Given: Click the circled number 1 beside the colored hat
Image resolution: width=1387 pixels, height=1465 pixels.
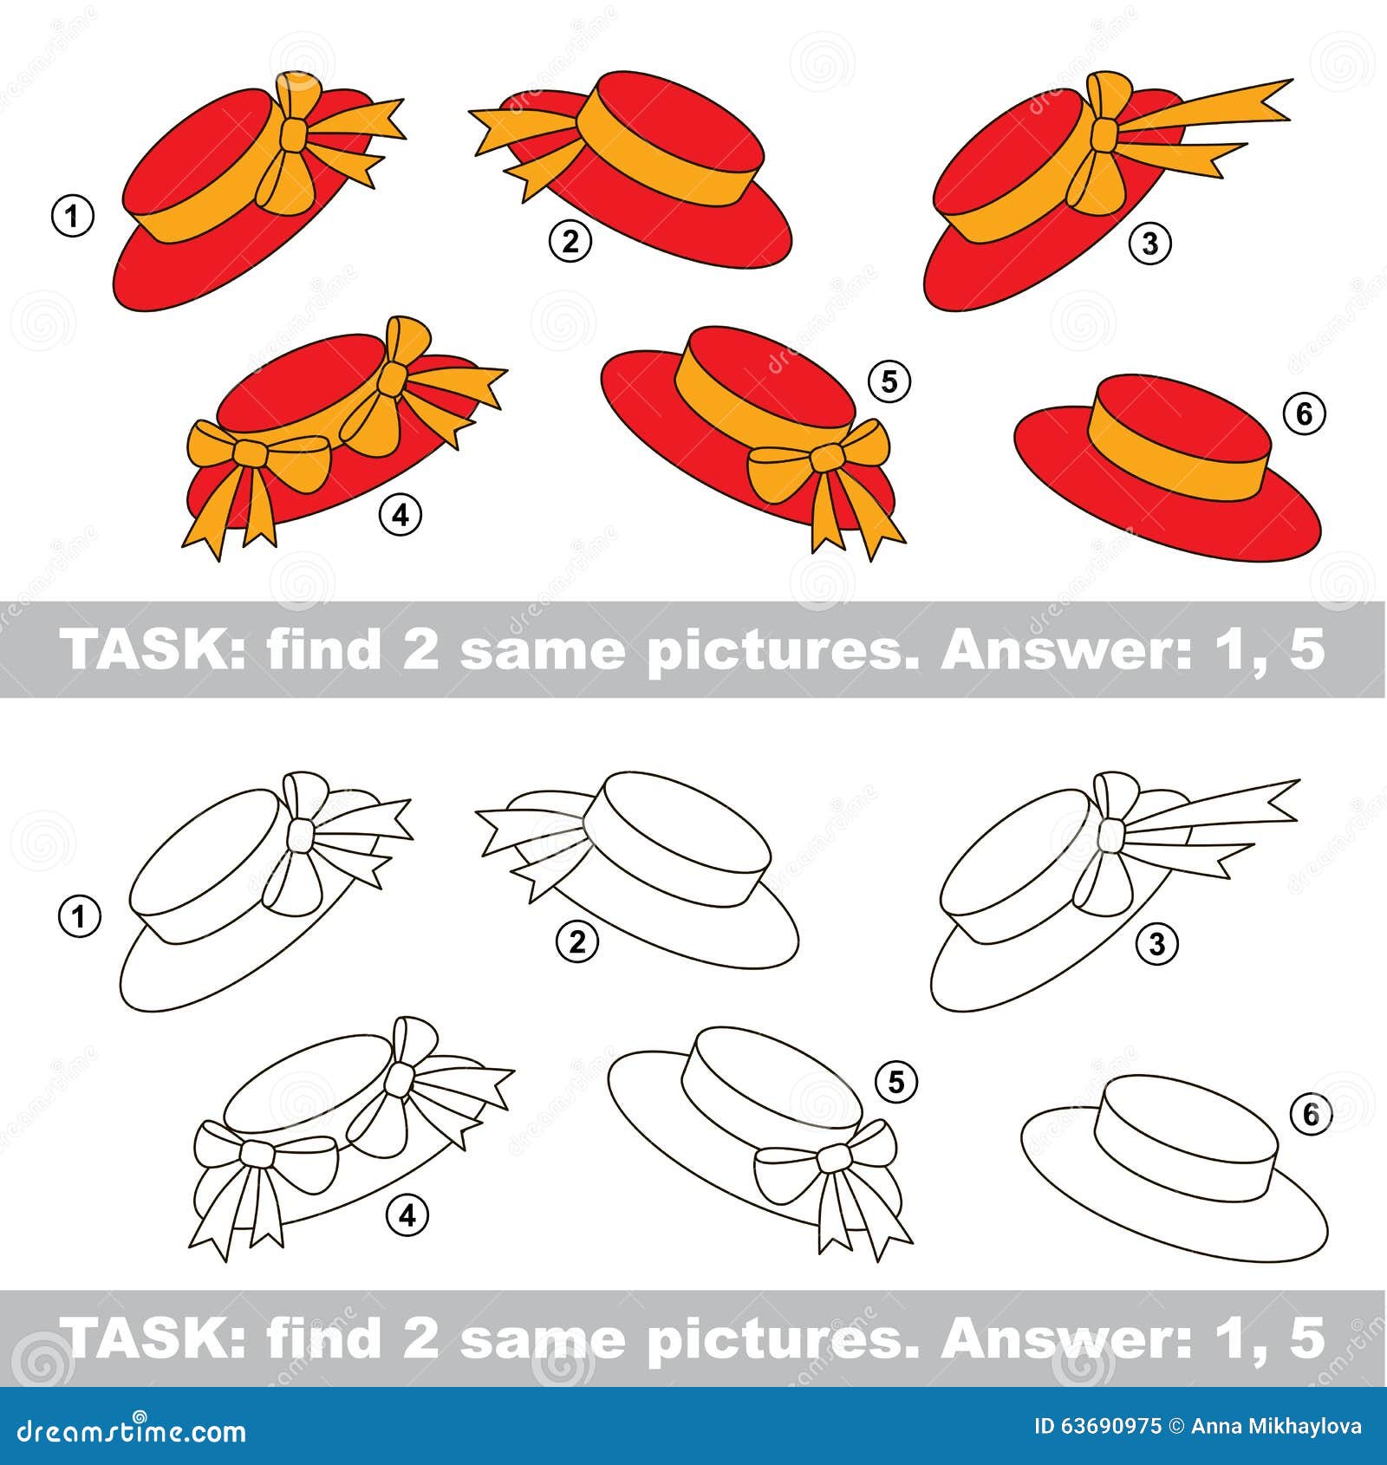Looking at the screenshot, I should pyautogui.click(x=73, y=216).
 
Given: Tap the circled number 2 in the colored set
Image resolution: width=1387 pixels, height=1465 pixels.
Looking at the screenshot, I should pyautogui.click(x=570, y=242).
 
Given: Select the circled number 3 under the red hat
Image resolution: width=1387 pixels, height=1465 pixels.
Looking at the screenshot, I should pyautogui.click(x=1149, y=244).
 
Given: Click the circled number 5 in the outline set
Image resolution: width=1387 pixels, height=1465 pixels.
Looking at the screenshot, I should pyautogui.click(x=896, y=1082).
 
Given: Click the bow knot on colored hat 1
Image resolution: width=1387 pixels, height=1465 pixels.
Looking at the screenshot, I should pyautogui.click(x=295, y=136).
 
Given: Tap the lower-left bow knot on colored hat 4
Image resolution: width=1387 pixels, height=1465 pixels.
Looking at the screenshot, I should pyautogui.click(x=252, y=452).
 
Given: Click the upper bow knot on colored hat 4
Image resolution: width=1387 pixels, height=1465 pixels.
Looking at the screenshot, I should pyautogui.click(x=394, y=374).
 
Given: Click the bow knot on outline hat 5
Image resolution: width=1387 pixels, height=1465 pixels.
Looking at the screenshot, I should pyautogui.click(x=833, y=1158).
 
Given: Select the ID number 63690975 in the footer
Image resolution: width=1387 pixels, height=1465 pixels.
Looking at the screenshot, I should pyautogui.click(x=1099, y=1427).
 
